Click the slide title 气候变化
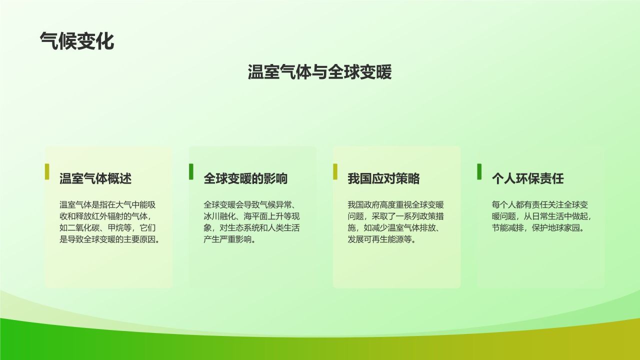[x=77, y=41]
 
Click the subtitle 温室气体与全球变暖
[x=319, y=72]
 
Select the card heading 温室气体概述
[x=95, y=178]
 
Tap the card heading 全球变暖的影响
[x=245, y=178]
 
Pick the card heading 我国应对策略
[x=383, y=178]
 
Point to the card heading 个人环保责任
[x=527, y=178]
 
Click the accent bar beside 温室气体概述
[x=47, y=171]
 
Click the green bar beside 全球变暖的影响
[x=191, y=171]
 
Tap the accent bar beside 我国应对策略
[x=335, y=171]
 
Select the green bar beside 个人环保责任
[x=479, y=171]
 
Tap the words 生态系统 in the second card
[x=243, y=228]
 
